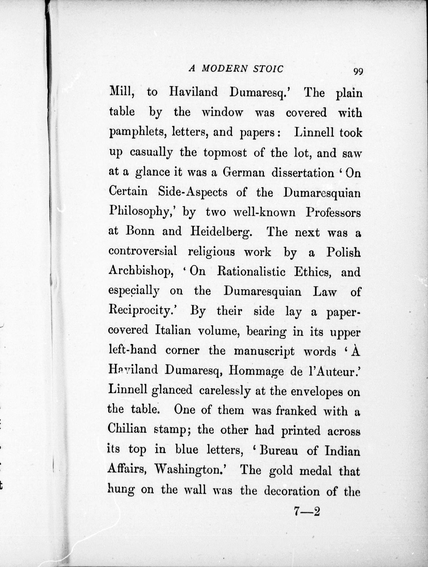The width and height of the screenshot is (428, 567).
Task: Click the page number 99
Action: coord(358,71)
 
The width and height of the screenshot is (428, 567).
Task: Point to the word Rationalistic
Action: coord(251,272)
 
